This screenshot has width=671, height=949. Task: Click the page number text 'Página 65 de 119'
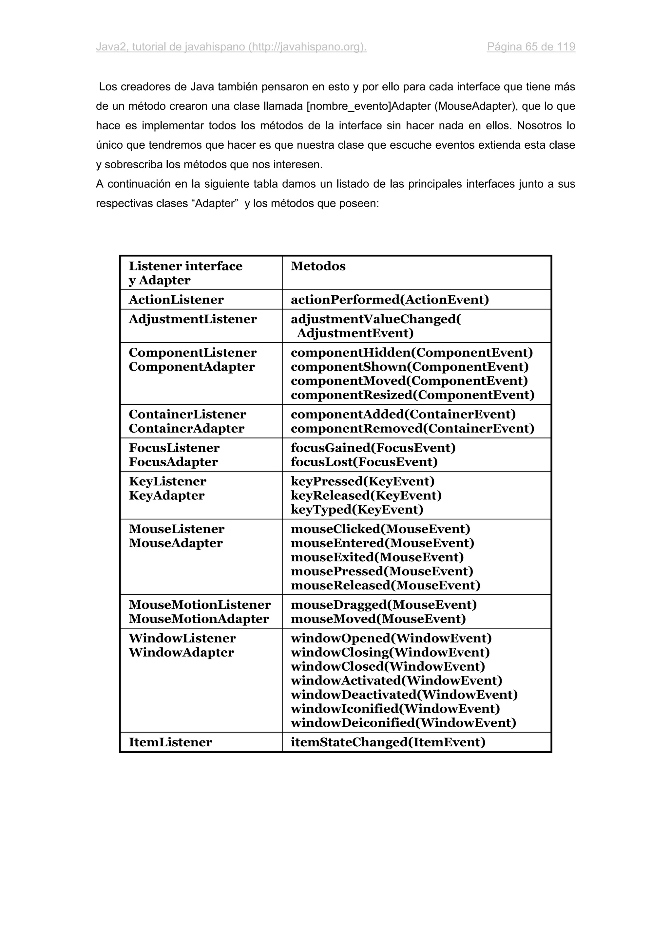(531, 47)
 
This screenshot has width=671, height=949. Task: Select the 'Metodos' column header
(318, 266)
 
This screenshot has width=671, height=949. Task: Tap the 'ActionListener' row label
(176, 300)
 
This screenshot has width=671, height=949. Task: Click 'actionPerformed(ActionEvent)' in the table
(390, 300)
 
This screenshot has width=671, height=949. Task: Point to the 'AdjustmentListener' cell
(193, 319)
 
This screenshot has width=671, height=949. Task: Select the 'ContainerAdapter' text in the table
(186, 428)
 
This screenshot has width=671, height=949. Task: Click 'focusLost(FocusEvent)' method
(364, 462)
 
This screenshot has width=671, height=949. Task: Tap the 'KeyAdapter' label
(167, 495)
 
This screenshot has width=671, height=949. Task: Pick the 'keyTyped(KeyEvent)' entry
(357, 509)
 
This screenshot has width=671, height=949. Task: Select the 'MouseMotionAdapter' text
(199, 619)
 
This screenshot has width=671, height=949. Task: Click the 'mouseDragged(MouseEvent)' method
(384, 605)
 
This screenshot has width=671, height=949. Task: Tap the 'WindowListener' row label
(182, 638)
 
